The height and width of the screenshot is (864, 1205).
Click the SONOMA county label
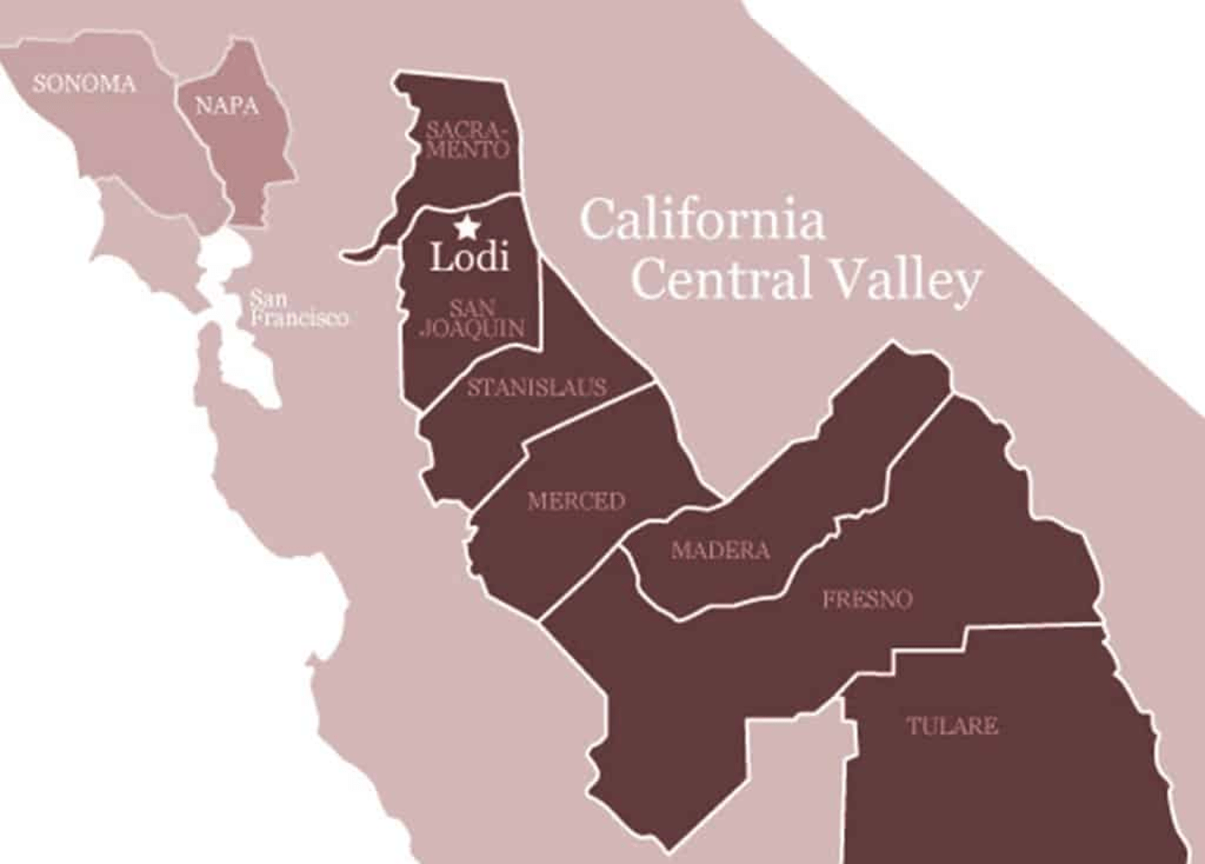[83, 83]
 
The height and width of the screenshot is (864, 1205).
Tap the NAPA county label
[226, 106]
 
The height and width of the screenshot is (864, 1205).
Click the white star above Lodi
[467, 227]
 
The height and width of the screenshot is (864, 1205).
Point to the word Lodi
[469, 257]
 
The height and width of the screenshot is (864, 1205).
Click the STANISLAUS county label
[536, 387]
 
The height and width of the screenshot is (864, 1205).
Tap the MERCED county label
[576, 501]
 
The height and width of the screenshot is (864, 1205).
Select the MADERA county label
[720, 550]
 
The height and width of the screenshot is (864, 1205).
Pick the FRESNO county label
[867, 599]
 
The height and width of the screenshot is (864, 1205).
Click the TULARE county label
[952, 725]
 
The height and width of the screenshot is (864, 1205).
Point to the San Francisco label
[298, 309]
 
